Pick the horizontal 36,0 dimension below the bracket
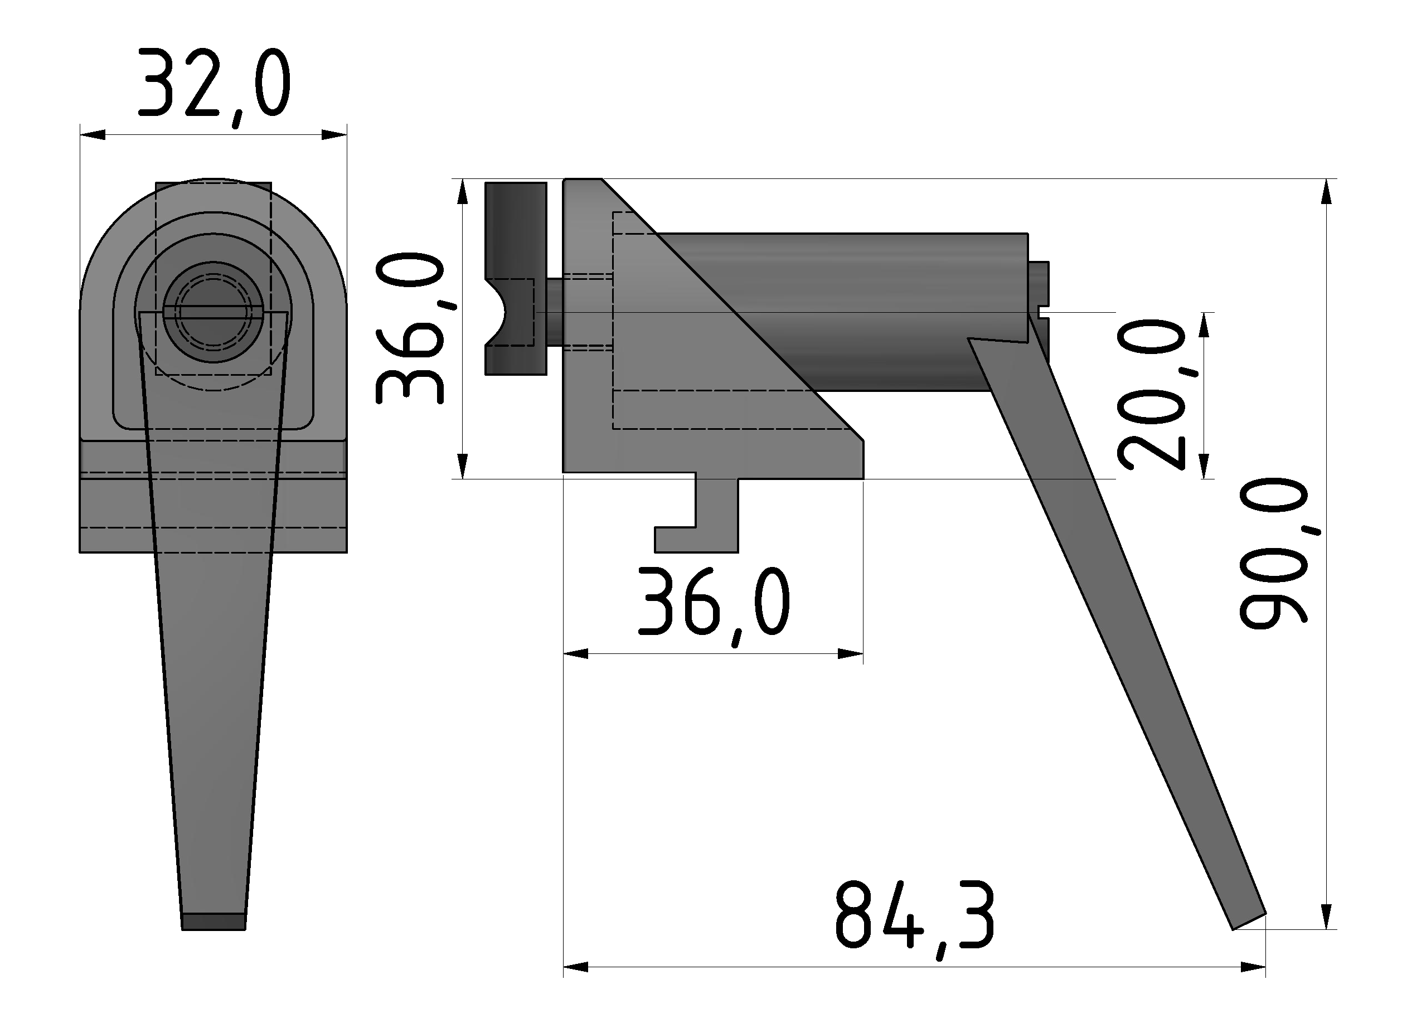(x=714, y=603)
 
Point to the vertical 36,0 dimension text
(x=409, y=328)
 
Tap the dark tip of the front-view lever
(x=213, y=922)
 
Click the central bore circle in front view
(x=213, y=313)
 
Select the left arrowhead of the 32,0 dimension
(x=91, y=134)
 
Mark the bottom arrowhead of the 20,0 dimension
(x=1204, y=466)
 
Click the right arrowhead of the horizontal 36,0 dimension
(x=851, y=654)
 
